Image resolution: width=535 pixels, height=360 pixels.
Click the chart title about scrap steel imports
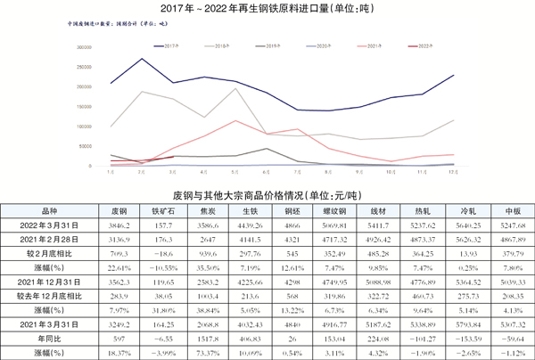pos(267,10)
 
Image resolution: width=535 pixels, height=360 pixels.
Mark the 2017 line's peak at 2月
pos(143,59)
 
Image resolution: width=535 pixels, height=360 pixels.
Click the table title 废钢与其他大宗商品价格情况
pos(267,193)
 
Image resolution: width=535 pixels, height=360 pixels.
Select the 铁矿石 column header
pos(161,213)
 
